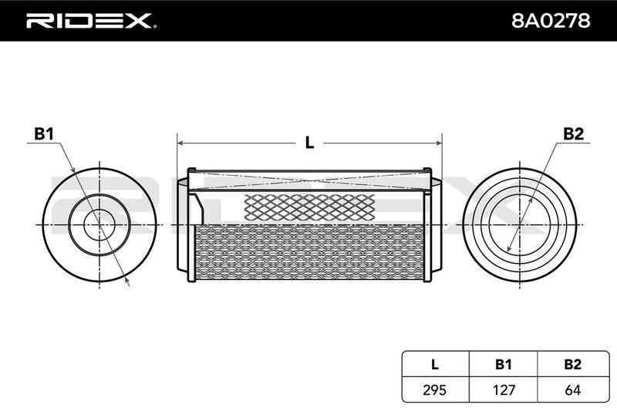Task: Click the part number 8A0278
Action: (x=551, y=21)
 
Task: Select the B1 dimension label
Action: (x=43, y=134)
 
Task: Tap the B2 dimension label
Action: (x=573, y=134)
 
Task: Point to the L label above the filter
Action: (x=310, y=143)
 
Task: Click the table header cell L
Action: (x=434, y=364)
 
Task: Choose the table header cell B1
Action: (x=503, y=364)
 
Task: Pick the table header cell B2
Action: (x=572, y=364)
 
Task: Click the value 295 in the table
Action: (x=434, y=389)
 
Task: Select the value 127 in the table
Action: (x=504, y=389)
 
